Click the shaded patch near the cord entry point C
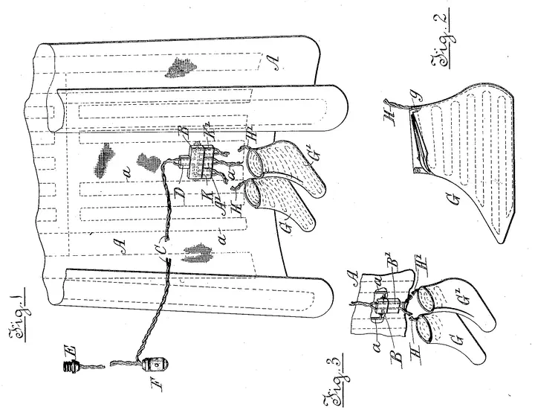point(195,254)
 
